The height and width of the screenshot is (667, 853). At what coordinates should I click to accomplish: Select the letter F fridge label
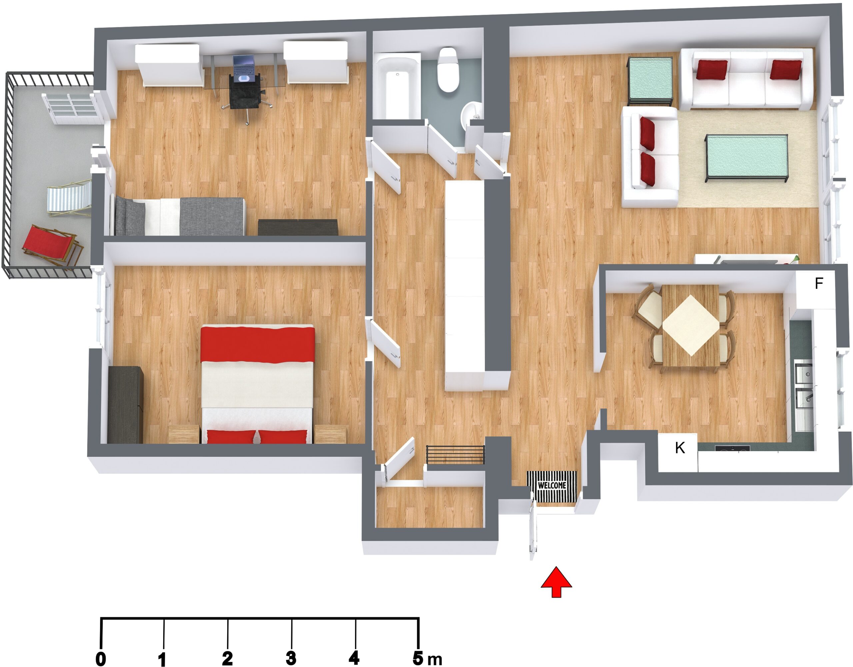(x=819, y=283)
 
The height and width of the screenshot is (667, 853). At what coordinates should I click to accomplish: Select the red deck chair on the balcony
(x=52, y=247)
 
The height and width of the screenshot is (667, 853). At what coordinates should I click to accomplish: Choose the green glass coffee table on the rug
(x=746, y=158)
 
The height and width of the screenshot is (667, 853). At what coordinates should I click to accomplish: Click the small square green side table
(x=650, y=81)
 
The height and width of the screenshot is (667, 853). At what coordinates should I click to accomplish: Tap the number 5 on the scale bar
(x=418, y=658)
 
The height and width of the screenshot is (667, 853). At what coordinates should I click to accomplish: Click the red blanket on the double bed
(x=257, y=343)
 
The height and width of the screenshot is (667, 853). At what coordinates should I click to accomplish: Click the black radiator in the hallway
(x=455, y=454)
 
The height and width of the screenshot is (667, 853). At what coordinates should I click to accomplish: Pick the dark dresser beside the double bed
(x=125, y=404)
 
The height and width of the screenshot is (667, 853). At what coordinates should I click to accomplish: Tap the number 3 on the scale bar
(x=291, y=658)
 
